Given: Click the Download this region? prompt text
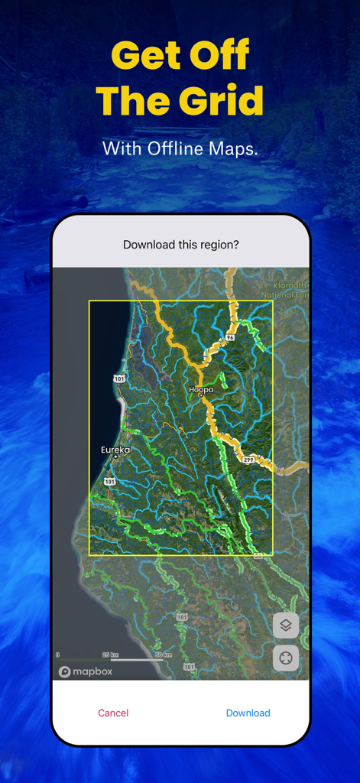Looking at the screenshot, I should (x=180, y=245).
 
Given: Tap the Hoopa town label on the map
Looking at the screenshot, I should (x=201, y=389).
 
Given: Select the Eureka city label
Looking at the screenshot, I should (x=115, y=450).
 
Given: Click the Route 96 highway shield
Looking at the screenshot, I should (x=229, y=336).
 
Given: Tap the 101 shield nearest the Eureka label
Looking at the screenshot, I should (x=110, y=482).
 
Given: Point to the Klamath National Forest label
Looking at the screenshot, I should (x=284, y=290).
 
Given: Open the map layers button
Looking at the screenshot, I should (x=286, y=625).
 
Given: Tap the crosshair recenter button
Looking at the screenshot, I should (x=286, y=658).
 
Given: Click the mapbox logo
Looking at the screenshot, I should (x=86, y=671).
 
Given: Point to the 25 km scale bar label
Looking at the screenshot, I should (x=110, y=655).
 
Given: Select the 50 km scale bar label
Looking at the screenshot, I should (x=163, y=655).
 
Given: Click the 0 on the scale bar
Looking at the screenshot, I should (x=58, y=655).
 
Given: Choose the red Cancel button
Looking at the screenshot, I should (x=113, y=713).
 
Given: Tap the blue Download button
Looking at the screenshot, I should (x=248, y=713).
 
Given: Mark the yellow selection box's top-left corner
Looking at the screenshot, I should (x=89, y=301).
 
